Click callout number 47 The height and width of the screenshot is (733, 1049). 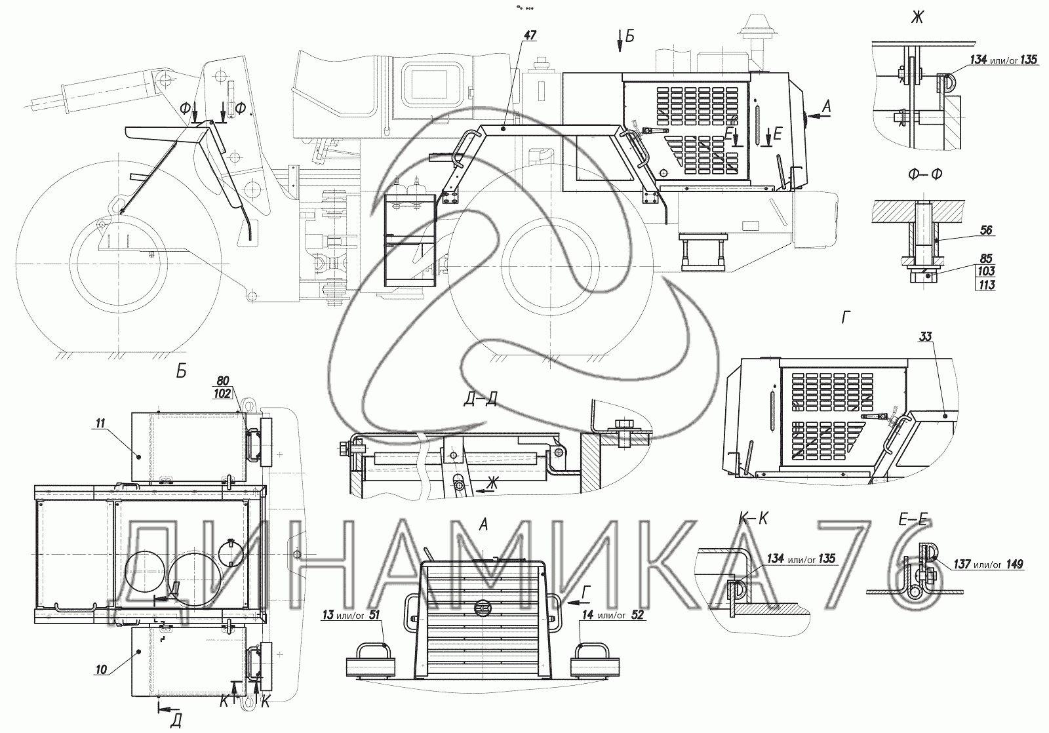[x=530, y=35]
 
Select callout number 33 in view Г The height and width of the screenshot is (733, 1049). [x=925, y=336]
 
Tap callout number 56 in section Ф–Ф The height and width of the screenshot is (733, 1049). [x=986, y=230]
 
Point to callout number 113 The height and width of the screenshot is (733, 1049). [x=986, y=285]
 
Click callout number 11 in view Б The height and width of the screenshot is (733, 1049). [x=100, y=424]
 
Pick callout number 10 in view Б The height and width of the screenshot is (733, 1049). [x=101, y=670]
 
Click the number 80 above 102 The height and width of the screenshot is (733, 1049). [x=222, y=382]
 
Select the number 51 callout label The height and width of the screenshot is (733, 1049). [x=374, y=614]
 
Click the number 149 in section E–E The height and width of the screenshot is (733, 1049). [x=1014, y=565]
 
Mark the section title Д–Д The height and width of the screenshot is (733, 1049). [x=481, y=399]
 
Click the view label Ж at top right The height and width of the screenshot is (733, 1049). [x=917, y=18]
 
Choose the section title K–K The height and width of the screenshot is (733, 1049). [x=753, y=518]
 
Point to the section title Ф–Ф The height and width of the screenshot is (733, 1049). [x=925, y=174]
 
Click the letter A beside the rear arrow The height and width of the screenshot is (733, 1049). [x=827, y=108]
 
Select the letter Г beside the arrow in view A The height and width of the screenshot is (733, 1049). [x=586, y=593]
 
